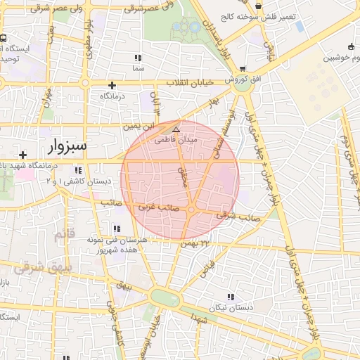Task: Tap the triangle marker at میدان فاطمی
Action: [176, 130]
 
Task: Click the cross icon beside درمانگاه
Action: [112, 85]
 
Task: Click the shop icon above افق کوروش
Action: [243, 69]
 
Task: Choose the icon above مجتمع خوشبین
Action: [351, 46]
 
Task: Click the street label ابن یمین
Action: [138, 127]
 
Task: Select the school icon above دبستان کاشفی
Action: [78, 170]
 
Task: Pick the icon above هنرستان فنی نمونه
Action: [117, 229]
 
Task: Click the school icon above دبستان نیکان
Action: [230, 297]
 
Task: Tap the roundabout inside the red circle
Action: [191, 210]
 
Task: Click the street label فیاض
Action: [210, 268]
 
